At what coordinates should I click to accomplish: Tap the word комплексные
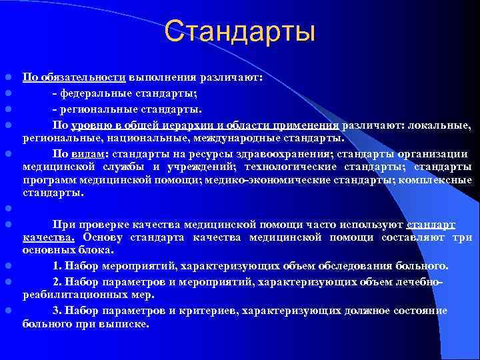coord(437,180)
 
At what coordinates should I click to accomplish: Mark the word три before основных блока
coord(463,237)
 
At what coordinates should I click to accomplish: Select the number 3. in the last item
coord(57,310)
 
